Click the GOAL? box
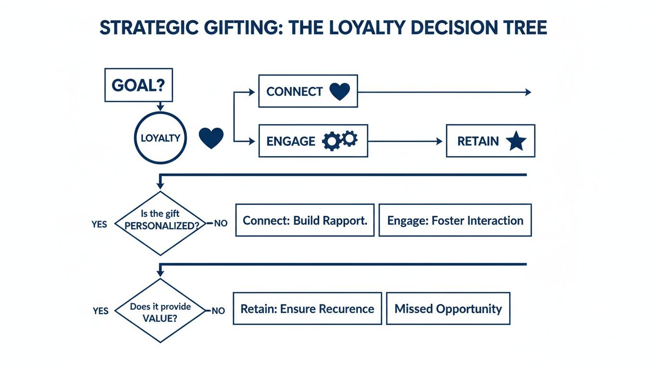[139, 85]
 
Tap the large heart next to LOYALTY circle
[211, 138]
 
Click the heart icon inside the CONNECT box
[340, 92]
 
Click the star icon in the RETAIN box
[516, 141]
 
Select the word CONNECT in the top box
[294, 92]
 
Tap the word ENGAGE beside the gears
[290, 141]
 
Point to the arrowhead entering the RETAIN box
[439, 141]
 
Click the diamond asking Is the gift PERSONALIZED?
[162, 224]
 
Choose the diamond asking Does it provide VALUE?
[161, 311]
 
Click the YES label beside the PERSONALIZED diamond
[99, 225]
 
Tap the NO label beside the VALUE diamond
[218, 311]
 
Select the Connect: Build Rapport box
[305, 221]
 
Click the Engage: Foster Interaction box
[455, 221]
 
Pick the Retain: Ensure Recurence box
[307, 308]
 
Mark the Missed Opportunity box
[448, 308]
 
